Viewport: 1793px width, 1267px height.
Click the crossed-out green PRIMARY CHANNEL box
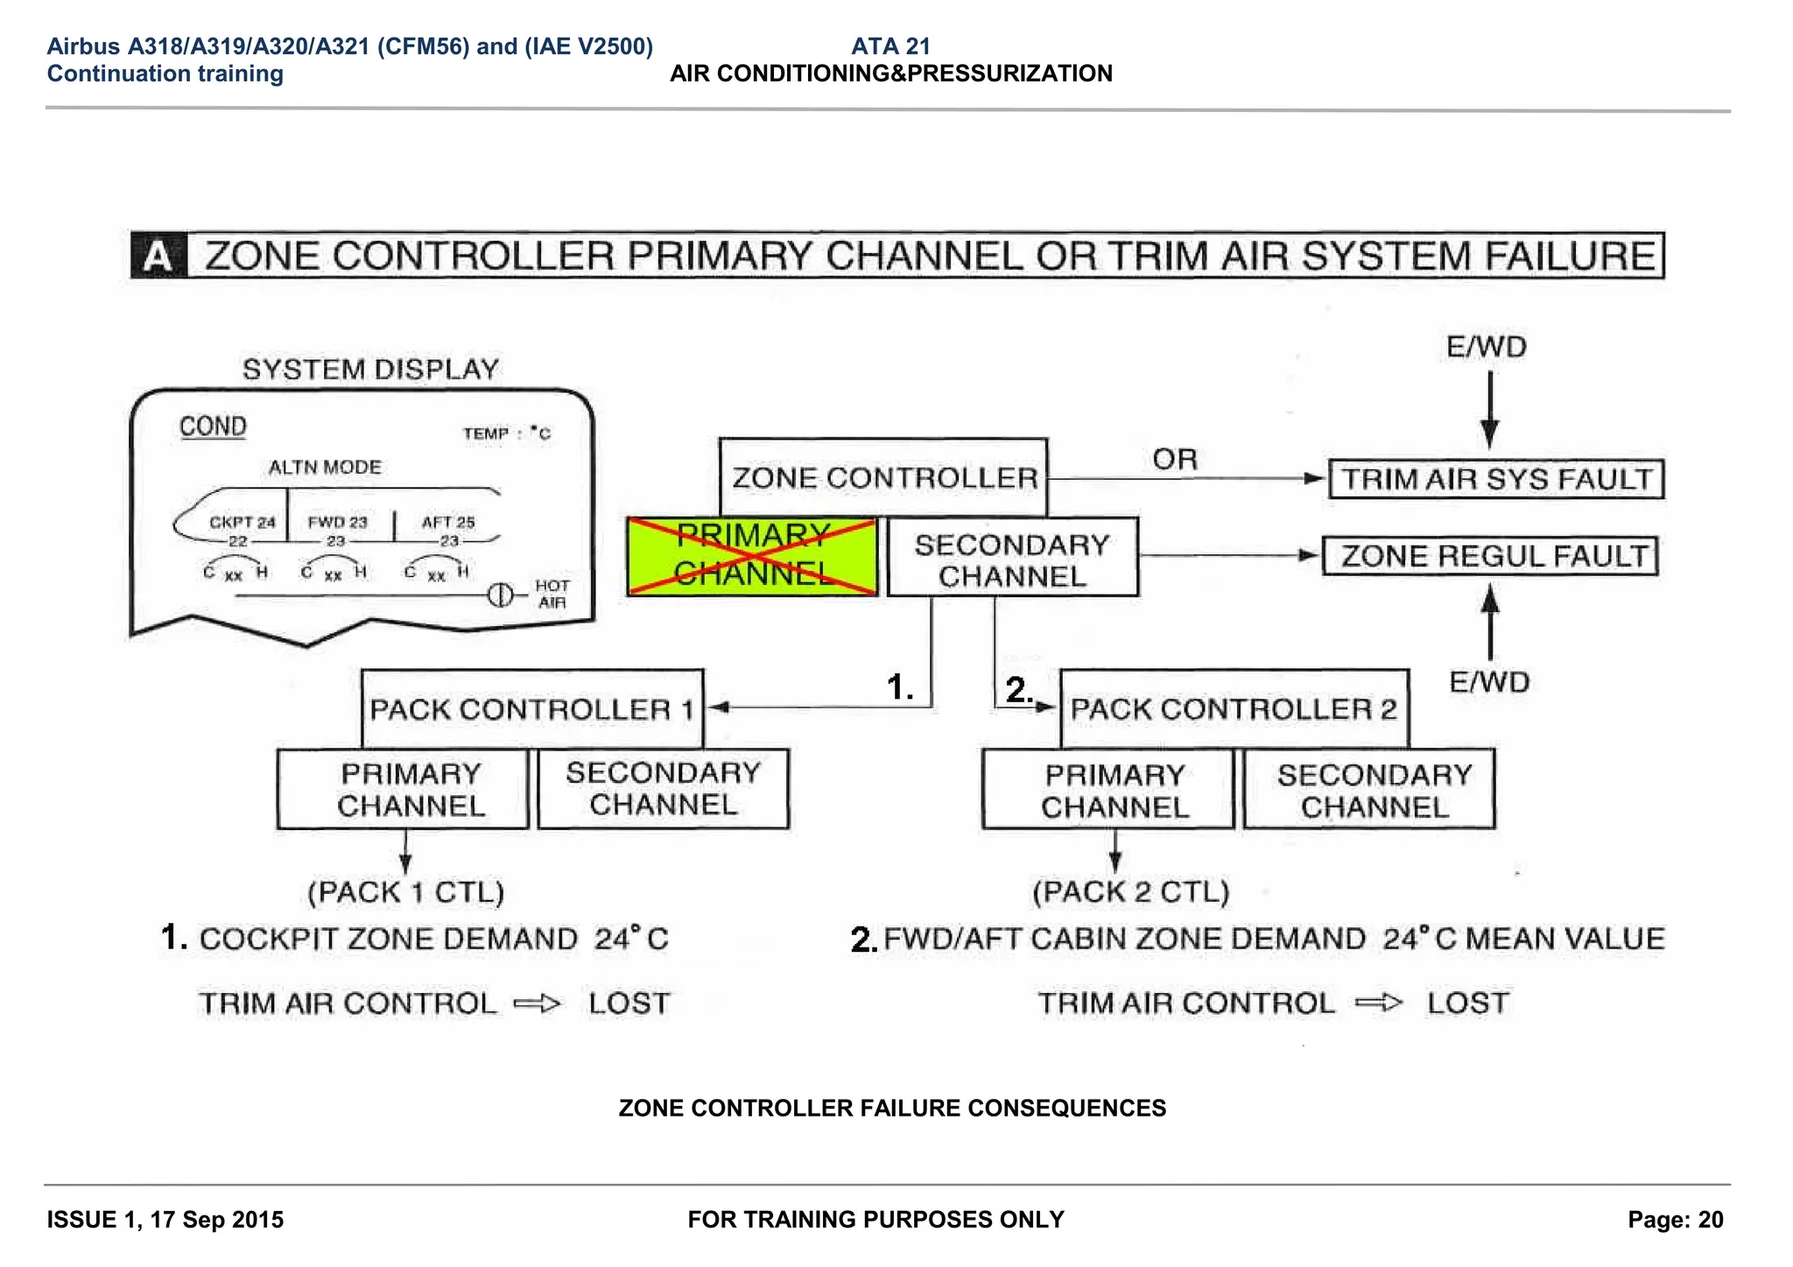752,556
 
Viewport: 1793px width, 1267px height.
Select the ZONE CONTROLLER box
883,478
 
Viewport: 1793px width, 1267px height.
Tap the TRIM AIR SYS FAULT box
1496,479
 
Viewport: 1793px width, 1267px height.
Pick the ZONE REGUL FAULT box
1490,556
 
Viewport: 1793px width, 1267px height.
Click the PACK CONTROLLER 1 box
531,709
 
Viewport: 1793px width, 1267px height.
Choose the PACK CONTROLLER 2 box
1234,709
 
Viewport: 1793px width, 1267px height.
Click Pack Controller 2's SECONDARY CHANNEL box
1371,790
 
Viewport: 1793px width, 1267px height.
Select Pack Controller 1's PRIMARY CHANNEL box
404,789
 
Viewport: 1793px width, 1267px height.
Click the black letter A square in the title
158,257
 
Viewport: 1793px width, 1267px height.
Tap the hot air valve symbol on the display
500,595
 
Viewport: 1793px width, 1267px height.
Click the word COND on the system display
213,426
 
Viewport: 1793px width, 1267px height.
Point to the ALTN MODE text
325,467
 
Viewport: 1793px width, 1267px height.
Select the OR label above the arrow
1174,459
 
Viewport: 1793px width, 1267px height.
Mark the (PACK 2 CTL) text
1130,891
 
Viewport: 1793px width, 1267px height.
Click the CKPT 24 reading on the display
242,522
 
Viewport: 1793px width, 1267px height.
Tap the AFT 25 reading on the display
448,522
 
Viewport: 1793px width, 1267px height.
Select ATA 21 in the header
890,46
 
